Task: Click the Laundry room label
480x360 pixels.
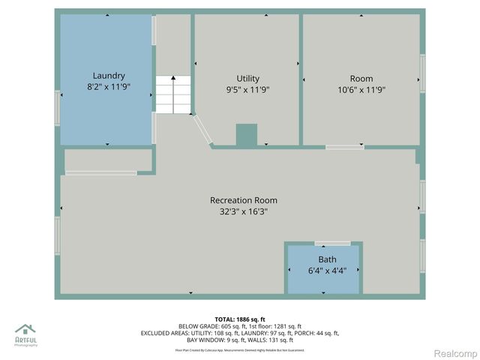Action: pyautogui.click(x=109, y=76)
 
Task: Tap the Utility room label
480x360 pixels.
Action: pyautogui.click(x=247, y=79)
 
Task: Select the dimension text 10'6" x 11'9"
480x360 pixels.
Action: pyautogui.click(x=361, y=90)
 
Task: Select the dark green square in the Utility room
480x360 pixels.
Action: pyautogui.click(x=246, y=134)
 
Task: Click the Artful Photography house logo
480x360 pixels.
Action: pyautogui.click(x=25, y=330)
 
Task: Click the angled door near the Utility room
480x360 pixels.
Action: pyautogui.click(x=202, y=130)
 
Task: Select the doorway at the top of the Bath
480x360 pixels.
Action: pyautogui.click(x=331, y=243)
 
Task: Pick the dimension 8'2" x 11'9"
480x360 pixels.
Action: pyautogui.click(x=109, y=88)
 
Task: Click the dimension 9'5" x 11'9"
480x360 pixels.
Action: pyautogui.click(x=247, y=90)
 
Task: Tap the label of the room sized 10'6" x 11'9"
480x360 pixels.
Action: pyautogui.click(x=361, y=79)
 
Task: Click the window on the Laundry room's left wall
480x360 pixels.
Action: pyautogui.click(x=58, y=108)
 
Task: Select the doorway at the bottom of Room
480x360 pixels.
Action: pyautogui.click(x=345, y=147)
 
